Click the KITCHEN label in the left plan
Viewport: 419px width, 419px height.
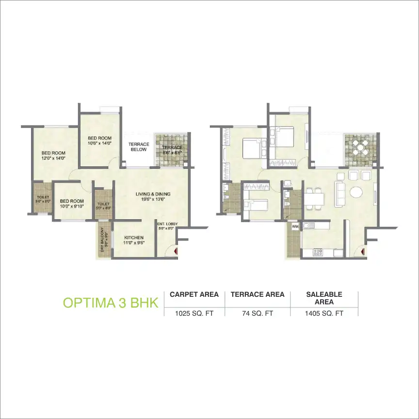coord(133,237)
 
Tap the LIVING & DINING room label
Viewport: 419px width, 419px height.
coord(153,194)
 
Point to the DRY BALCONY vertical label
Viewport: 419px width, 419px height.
coord(102,241)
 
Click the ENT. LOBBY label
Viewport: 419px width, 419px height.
coord(167,224)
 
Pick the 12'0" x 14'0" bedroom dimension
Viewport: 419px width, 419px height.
coord(53,158)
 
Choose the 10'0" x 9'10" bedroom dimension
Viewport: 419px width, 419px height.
coord(72,206)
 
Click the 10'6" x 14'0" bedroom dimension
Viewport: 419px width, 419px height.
coord(100,143)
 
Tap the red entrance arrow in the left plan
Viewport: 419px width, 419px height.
coord(175,251)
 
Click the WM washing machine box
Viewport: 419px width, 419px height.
coord(295,226)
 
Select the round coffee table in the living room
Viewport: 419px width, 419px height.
coord(356,193)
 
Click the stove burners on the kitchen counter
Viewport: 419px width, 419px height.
coord(318,252)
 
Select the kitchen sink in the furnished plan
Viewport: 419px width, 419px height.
coord(308,226)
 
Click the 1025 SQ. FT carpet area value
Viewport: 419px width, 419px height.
coord(193,313)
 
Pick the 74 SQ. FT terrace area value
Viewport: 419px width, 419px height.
coord(258,313)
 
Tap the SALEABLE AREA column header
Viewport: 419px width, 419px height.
coord(324,298)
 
